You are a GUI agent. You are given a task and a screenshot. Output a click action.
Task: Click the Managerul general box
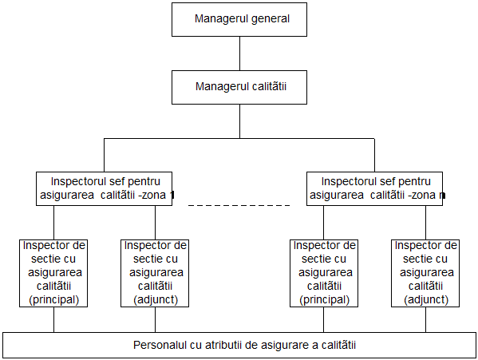pos(239,19)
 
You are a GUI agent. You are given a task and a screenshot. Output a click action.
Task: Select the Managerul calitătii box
pos(239,88)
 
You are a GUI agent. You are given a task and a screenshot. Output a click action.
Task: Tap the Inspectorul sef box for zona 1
pos(104,188)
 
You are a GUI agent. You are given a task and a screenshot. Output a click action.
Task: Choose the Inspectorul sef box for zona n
pos(374,188)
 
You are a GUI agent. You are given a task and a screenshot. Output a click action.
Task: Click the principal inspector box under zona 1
pos(53,273)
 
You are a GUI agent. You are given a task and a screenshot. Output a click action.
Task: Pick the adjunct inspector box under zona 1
pos(155,273)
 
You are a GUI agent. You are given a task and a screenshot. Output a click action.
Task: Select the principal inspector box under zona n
pos(324,273)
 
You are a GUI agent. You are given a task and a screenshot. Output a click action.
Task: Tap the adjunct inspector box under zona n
pos(425,273)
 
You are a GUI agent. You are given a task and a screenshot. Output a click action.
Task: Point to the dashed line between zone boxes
pos(239,205)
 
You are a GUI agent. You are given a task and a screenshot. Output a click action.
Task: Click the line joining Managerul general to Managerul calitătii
pos(239,53)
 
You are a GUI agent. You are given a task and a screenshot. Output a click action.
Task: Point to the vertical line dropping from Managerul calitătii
pos(239,121)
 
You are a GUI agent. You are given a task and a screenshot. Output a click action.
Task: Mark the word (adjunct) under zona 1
pos(156,299)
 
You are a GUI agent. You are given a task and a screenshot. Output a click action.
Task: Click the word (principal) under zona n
pos(324,299)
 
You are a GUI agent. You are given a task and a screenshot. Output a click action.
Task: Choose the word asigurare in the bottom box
pos(286,346)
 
